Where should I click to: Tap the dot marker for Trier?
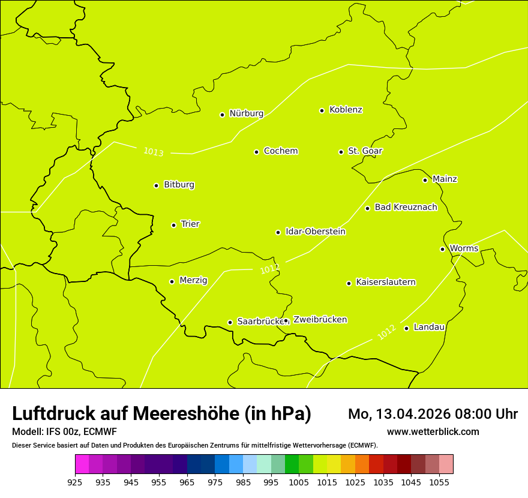(174, 225)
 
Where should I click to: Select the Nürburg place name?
(246, 113)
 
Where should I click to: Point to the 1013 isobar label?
(153, 152)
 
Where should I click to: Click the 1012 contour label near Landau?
(386, 332)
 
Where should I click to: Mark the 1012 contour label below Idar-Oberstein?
(269, 269)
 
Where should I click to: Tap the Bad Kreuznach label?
(406, 207)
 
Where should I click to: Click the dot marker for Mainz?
(425, 180)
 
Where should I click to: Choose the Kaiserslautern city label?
(385, 282)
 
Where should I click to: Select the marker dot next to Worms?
(442, 249)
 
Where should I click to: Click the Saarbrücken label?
(260, 322)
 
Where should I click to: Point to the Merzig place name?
(193, 280)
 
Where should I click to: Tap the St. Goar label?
(365, 151)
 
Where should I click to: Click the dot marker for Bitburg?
(156, 185)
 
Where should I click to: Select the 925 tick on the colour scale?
(75, 482)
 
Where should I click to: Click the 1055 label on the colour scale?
(439, 482)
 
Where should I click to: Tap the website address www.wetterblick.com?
(433, 432)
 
